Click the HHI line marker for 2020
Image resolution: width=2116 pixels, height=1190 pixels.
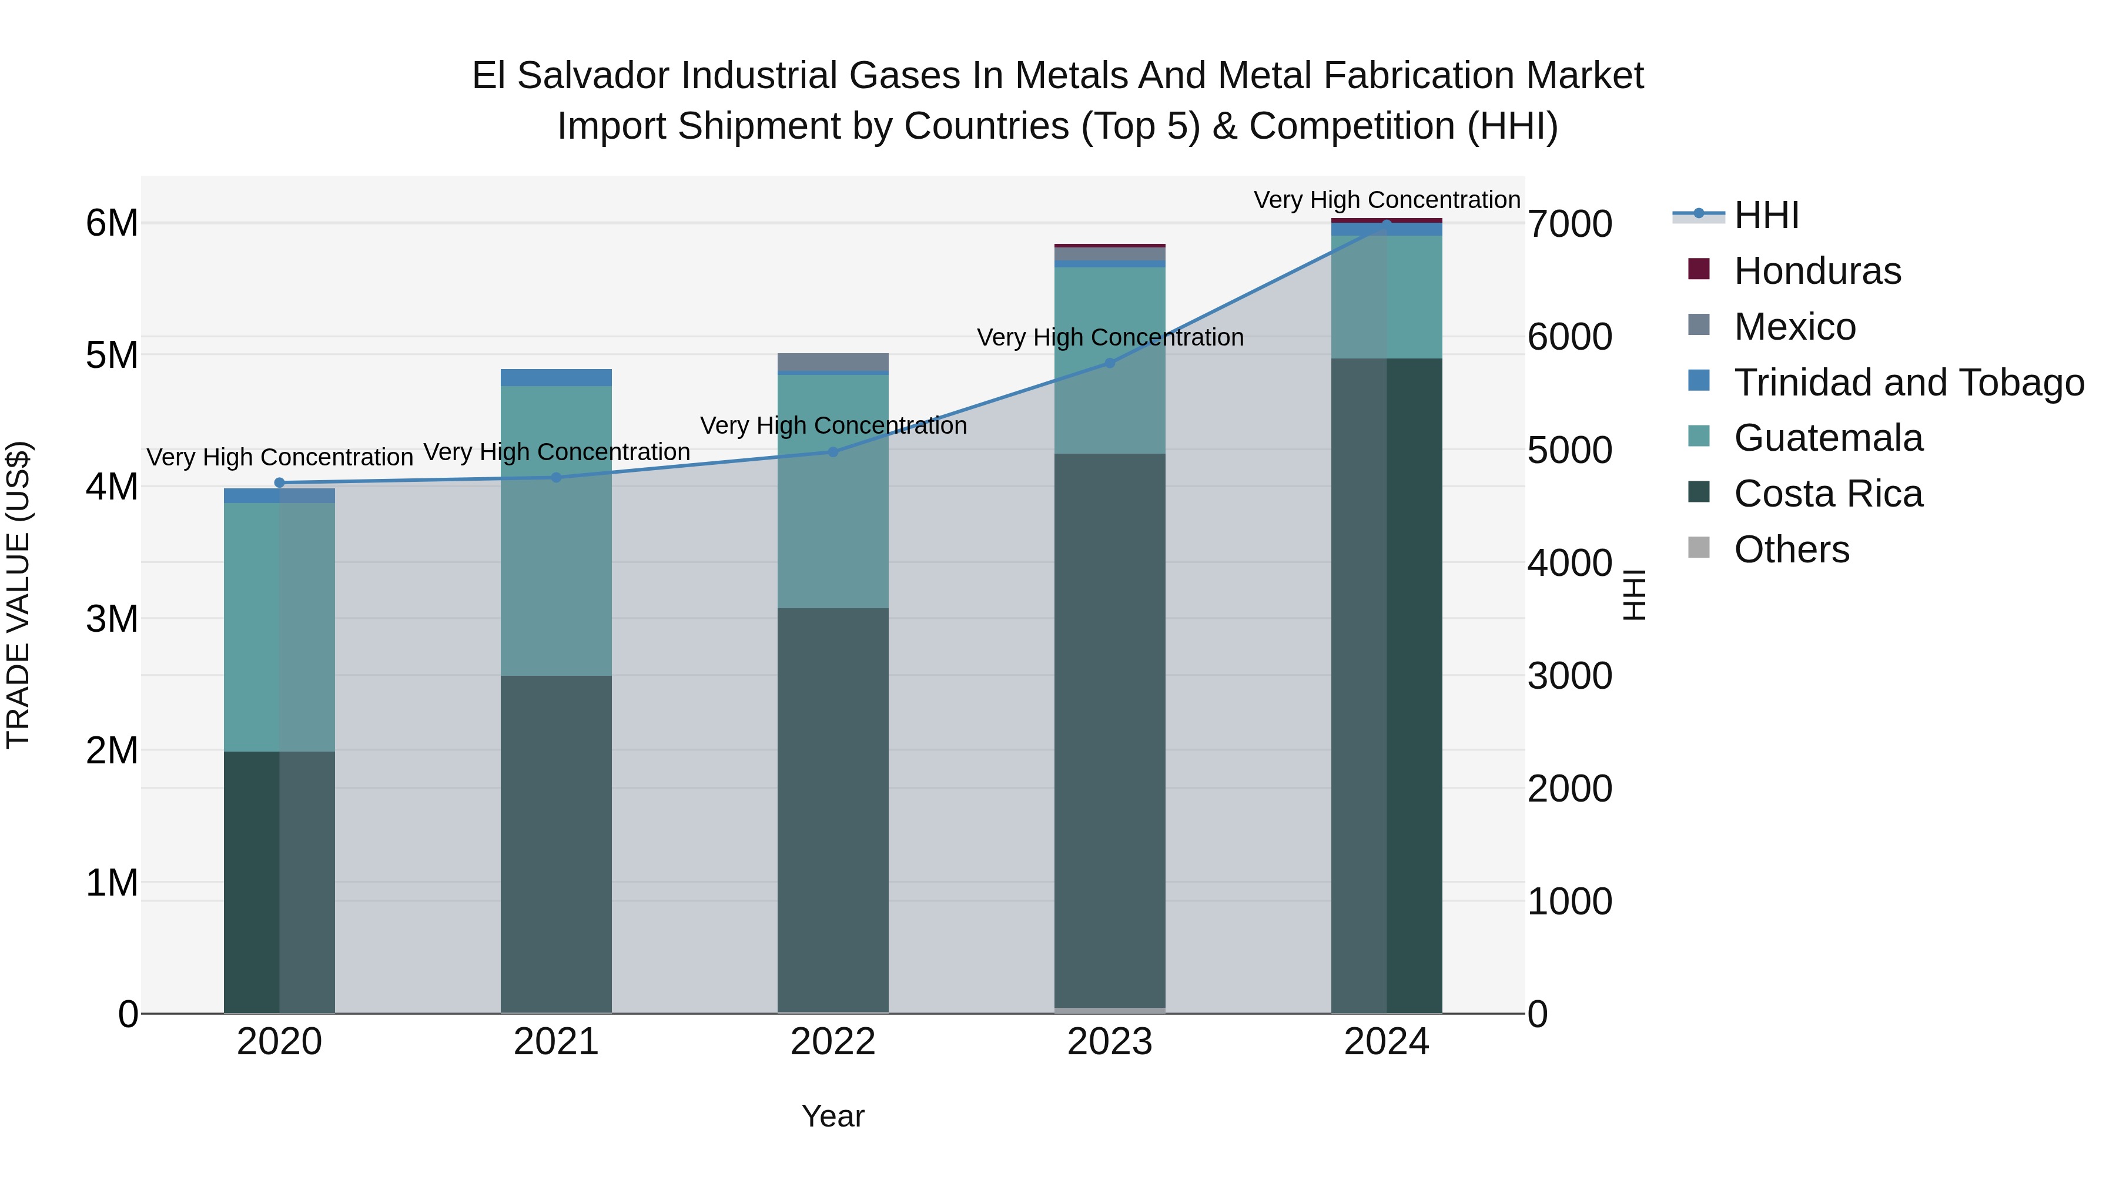[279, 483]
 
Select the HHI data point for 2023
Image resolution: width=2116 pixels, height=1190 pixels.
[1110, 363]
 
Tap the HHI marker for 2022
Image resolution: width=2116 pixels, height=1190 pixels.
[833, 452]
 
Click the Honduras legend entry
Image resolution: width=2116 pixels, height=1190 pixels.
[1817, 271]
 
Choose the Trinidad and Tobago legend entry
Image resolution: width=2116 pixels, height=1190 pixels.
[1908, 383]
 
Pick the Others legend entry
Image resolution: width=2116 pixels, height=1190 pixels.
[1791, 549]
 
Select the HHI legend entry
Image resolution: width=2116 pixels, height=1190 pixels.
[1766, 215]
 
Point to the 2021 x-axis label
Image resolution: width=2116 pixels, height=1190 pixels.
[556, 1042]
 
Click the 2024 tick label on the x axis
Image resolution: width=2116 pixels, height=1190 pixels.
[1387, 1042]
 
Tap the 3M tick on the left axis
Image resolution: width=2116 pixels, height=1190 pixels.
[112, 618]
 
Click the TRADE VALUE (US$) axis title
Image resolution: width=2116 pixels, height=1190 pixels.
[18, 595]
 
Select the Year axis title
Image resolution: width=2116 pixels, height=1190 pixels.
[833, 1116]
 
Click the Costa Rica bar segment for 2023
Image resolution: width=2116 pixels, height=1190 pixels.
[1110, 731]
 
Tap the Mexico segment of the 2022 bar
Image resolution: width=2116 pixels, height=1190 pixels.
[833, 361]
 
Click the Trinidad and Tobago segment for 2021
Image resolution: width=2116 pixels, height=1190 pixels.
[556, 378]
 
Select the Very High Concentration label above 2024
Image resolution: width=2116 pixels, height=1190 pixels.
[1387, 200]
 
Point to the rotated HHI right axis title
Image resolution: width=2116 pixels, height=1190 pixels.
[1635, 595]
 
